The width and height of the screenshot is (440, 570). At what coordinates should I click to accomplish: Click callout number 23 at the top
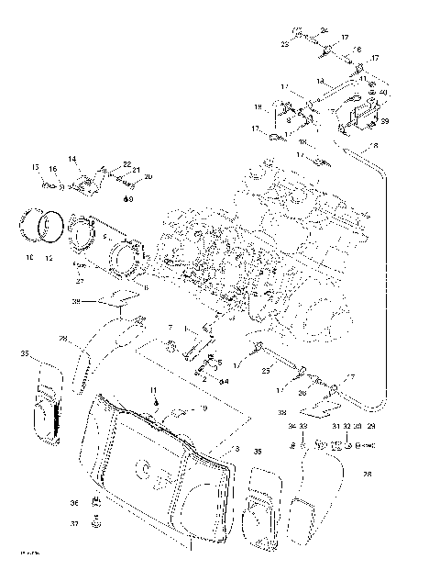click(284, 43)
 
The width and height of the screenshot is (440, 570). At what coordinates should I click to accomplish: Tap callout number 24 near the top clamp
click(324, 31)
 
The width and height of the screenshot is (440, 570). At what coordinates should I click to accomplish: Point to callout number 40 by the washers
click(382, 93)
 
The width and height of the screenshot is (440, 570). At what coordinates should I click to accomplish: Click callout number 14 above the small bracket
click(71, 159)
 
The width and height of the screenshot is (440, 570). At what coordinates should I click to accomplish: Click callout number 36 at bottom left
click(73, 502)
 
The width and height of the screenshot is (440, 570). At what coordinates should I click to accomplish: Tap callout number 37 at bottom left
click(73, 524)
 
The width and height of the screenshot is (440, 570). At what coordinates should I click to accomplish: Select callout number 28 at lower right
click(368, 474)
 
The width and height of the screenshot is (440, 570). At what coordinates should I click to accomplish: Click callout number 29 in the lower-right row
click(370, 427)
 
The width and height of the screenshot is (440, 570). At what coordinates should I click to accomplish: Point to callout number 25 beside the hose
click(266, 369)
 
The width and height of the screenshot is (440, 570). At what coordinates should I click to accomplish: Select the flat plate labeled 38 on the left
click(115, 299)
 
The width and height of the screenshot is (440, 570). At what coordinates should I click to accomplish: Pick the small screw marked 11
click(157, 402)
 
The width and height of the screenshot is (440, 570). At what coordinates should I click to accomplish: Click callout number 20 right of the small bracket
click(148, 176)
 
